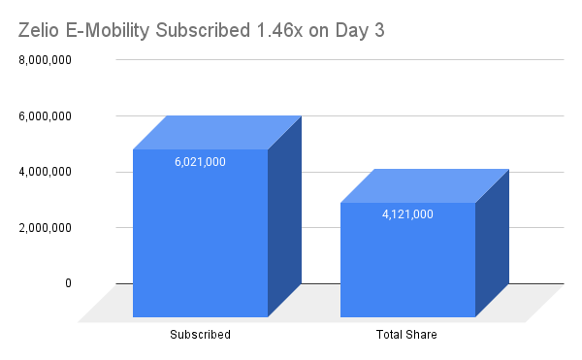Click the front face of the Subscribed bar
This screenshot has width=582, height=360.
tap(200, 243)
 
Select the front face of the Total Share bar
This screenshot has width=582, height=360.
tap(407, 267)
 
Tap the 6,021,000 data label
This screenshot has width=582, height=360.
tap(200, 162)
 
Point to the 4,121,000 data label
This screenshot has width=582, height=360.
tap(407, 214)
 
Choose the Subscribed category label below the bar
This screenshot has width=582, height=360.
tap(200, 336)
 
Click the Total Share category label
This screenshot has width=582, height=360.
tap(407, 336)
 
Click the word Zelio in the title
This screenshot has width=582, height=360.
tap(41, 29)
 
